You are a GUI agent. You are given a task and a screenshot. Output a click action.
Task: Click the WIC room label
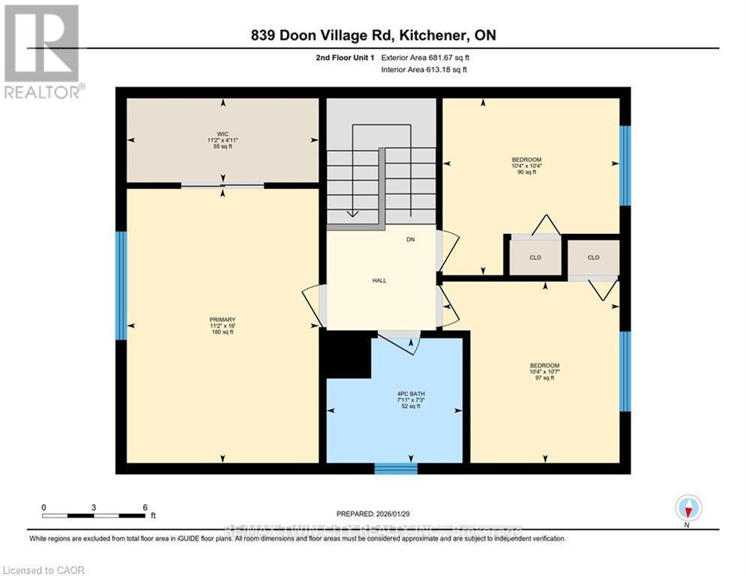[223, 134]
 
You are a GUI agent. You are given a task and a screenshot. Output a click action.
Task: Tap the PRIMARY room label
[222, 319]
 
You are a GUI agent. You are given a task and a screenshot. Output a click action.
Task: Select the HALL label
[379, 280]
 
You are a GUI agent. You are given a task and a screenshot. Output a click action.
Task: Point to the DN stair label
[410, 239]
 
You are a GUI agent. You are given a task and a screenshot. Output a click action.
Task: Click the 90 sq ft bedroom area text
[526, 172]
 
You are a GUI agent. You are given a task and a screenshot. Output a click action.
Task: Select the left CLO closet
[535, 257]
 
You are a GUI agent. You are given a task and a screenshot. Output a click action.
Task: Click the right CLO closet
[593, 257]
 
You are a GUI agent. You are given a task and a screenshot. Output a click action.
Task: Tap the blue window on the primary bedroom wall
[121, 285]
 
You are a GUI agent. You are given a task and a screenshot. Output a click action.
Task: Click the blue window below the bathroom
[395, 468]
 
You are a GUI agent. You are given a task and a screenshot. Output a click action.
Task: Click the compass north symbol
[687, 508]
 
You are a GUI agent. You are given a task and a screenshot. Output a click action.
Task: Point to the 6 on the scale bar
[144, 507]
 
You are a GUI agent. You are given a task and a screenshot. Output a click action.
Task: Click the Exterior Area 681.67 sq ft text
[426, 57]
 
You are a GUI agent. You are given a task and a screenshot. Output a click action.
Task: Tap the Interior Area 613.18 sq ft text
[425, 70]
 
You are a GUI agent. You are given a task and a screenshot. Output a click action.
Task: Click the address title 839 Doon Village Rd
[373, 35]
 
